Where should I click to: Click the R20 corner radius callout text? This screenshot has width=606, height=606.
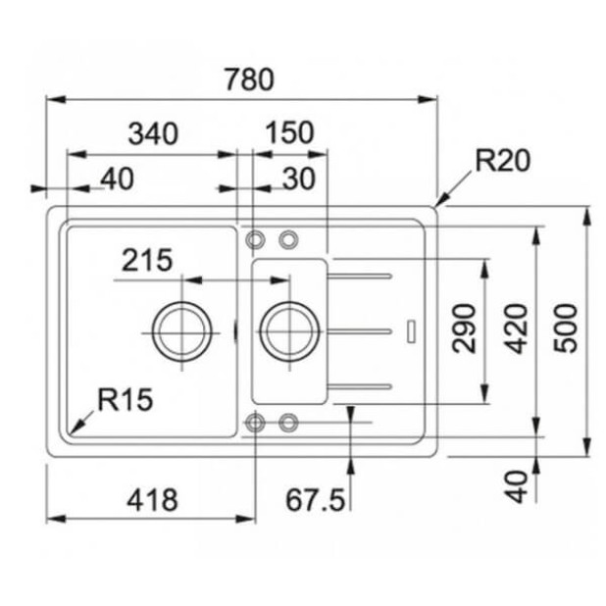tap(502, 160)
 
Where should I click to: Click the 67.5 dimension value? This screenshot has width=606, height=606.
tap(316, 500)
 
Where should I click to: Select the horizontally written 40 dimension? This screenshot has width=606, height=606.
tap(116, 177)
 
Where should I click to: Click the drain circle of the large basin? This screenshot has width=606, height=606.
tap(179, 330)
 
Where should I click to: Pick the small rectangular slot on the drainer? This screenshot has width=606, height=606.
tap(411, 330)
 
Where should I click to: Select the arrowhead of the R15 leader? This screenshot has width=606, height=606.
tap(71, 428)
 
